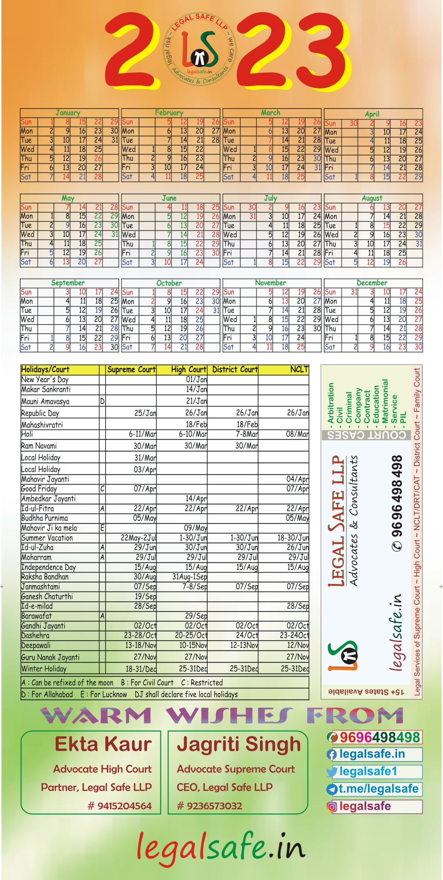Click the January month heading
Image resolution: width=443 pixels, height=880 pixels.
[x=68, y=113]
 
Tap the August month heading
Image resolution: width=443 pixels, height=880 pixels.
[x=372, y=198]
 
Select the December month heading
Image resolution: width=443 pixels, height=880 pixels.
[x=372, y=283]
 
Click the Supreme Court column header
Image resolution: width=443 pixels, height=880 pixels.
[x=131, y=370]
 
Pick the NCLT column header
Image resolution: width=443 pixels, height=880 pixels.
[x=299, y=370]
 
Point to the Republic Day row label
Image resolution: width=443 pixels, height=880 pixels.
[x=40, y=413]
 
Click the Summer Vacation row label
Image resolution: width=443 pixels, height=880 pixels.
[x=47, y=538]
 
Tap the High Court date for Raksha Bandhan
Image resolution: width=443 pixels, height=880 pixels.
[x=190, y=577]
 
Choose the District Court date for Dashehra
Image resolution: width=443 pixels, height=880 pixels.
[x=247, y=635]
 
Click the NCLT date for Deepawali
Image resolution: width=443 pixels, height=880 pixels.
[x=298, y=645]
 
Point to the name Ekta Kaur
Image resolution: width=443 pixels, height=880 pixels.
[x=103, y=744]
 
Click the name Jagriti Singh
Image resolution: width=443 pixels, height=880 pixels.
[x=239, y=744]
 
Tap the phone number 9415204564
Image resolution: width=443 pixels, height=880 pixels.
[x=120, y=806]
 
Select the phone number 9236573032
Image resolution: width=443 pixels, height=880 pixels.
[x=210, y=806]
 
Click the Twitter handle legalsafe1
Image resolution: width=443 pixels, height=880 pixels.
[x=368, y=771]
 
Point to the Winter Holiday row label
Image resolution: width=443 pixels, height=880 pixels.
[x=44, y=668]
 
